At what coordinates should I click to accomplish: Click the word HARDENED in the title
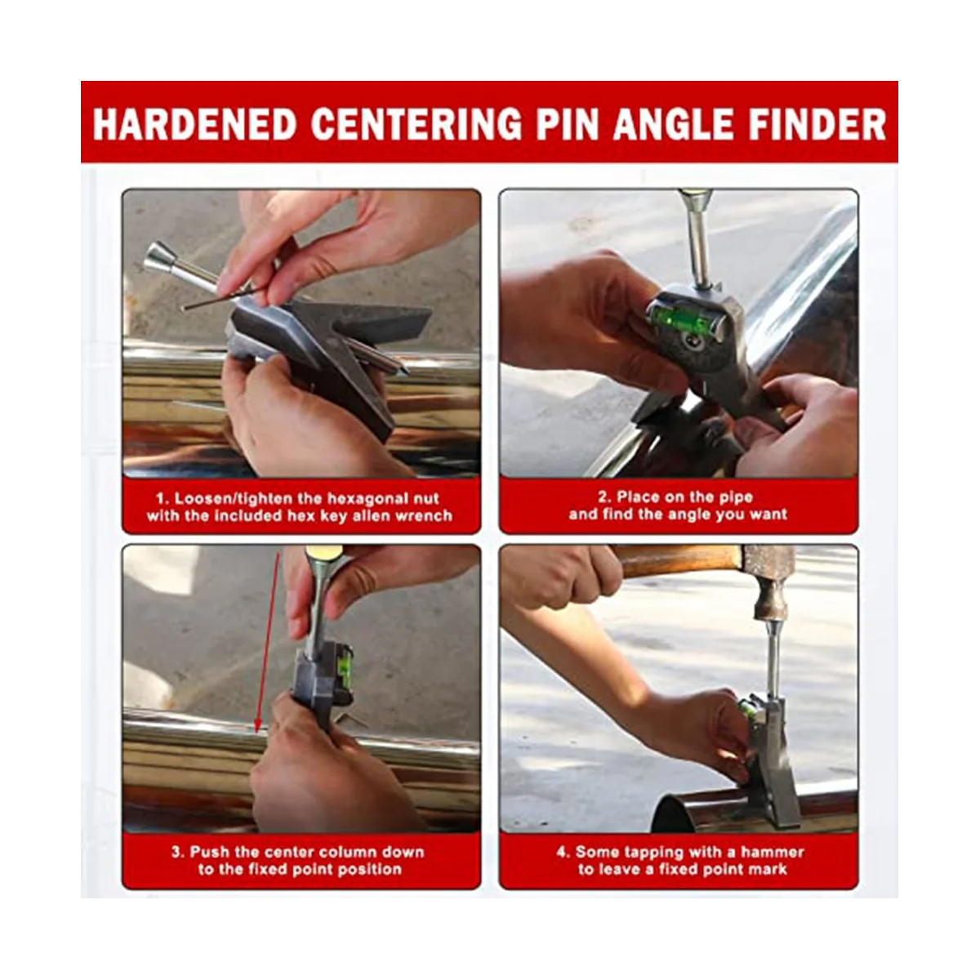[x=195, y=123]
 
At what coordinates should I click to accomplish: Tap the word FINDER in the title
[x=817, y=123]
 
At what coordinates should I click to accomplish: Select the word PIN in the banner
[x=568, y=123]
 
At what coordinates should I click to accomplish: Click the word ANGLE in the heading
[x=674, y=123]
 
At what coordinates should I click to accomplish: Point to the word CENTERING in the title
[x=416, y=123]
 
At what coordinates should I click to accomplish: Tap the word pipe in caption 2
[x=735, y=497]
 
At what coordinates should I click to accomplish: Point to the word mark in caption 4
[x=768, y=869]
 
